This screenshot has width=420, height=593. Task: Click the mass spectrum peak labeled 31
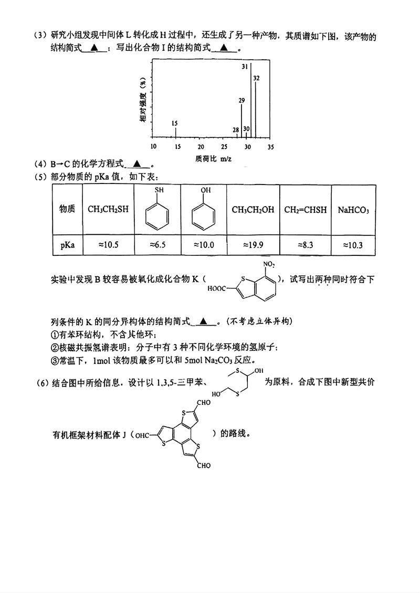(x=250, y=100)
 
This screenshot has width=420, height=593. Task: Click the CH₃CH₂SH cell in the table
(x=108, y=210)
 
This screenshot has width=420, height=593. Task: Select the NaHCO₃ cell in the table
(x=353, y=210)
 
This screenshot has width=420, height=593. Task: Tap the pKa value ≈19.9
(x=253, y=245)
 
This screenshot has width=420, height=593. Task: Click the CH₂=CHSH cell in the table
(x=305, y=210)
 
